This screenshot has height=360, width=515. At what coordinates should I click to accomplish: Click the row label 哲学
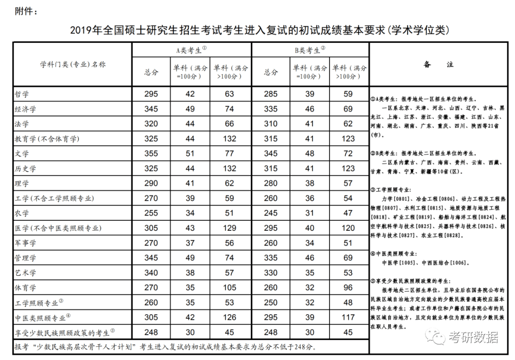pos(22,94)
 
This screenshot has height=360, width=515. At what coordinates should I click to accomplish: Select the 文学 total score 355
pos(151,154)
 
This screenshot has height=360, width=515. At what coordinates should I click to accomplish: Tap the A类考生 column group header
pos(191,50)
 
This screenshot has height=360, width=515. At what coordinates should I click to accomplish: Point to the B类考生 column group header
pos(309,50)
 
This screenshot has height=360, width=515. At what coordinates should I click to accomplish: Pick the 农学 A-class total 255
pos(151,213)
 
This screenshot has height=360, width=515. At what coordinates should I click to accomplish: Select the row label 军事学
pos(25,243)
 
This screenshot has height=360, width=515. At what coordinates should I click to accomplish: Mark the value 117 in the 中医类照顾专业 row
pos(349,317)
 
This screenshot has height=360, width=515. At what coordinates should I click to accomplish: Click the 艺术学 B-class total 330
pos(270,273)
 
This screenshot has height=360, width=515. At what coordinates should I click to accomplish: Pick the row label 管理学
pos(25,258)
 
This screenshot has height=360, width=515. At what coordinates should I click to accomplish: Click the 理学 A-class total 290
pos(151,184)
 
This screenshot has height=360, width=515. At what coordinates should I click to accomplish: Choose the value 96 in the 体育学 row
pos(349,288)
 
